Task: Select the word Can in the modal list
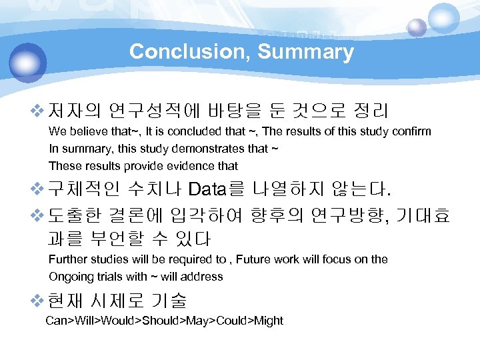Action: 55,321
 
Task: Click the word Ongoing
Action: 70,276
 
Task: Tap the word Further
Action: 68,259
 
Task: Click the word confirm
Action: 412,131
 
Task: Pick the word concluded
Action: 191,131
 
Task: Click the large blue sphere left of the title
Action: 27,63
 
